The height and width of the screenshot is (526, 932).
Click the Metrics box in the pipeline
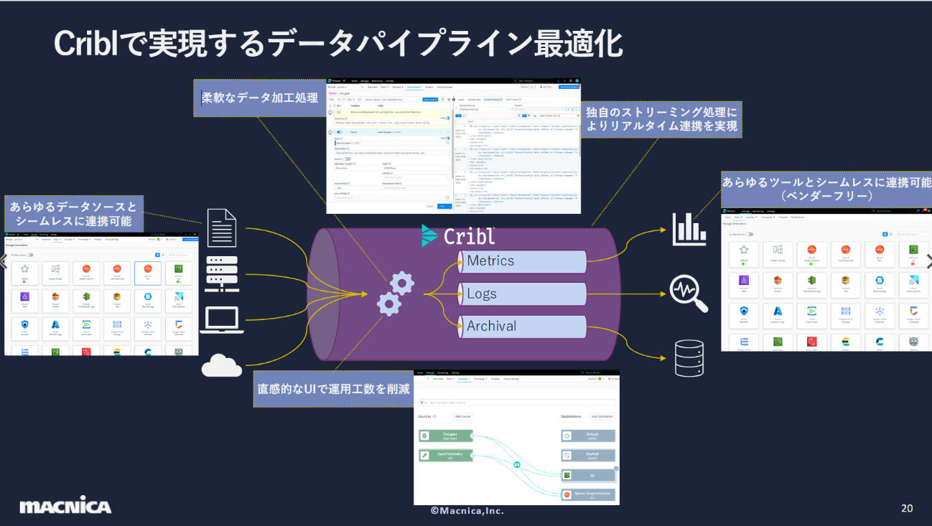pyautogui.click(x=523, y=261)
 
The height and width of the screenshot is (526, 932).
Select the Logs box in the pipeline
pyautogui.click(x=523, y=293)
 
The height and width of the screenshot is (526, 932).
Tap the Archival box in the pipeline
pyautogui.click(x=523, y=326)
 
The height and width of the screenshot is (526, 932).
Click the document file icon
pyautogui.click(x=222, y=226)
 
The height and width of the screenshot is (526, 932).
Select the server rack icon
pyautogui.click(x=222, y=273)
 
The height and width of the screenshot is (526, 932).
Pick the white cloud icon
pyautogui.click(x=222, y=365)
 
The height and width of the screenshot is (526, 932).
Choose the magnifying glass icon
pyautogui.click(x=689, y=293)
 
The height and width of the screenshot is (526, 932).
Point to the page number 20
pyautogui.click(x=907, y=508)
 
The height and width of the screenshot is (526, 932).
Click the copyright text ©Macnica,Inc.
pyautogui.click(x=467, y=510)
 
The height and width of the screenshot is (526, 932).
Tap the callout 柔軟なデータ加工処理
pyautogui.click(x=259, y=98)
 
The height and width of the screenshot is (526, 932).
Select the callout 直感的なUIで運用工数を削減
pyautogui.click(x=334, y=390)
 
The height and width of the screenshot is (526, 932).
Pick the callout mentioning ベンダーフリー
pyautogui.click(x=826, y=189)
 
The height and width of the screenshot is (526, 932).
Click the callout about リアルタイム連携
pyautogui.click(x=661, y=120)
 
